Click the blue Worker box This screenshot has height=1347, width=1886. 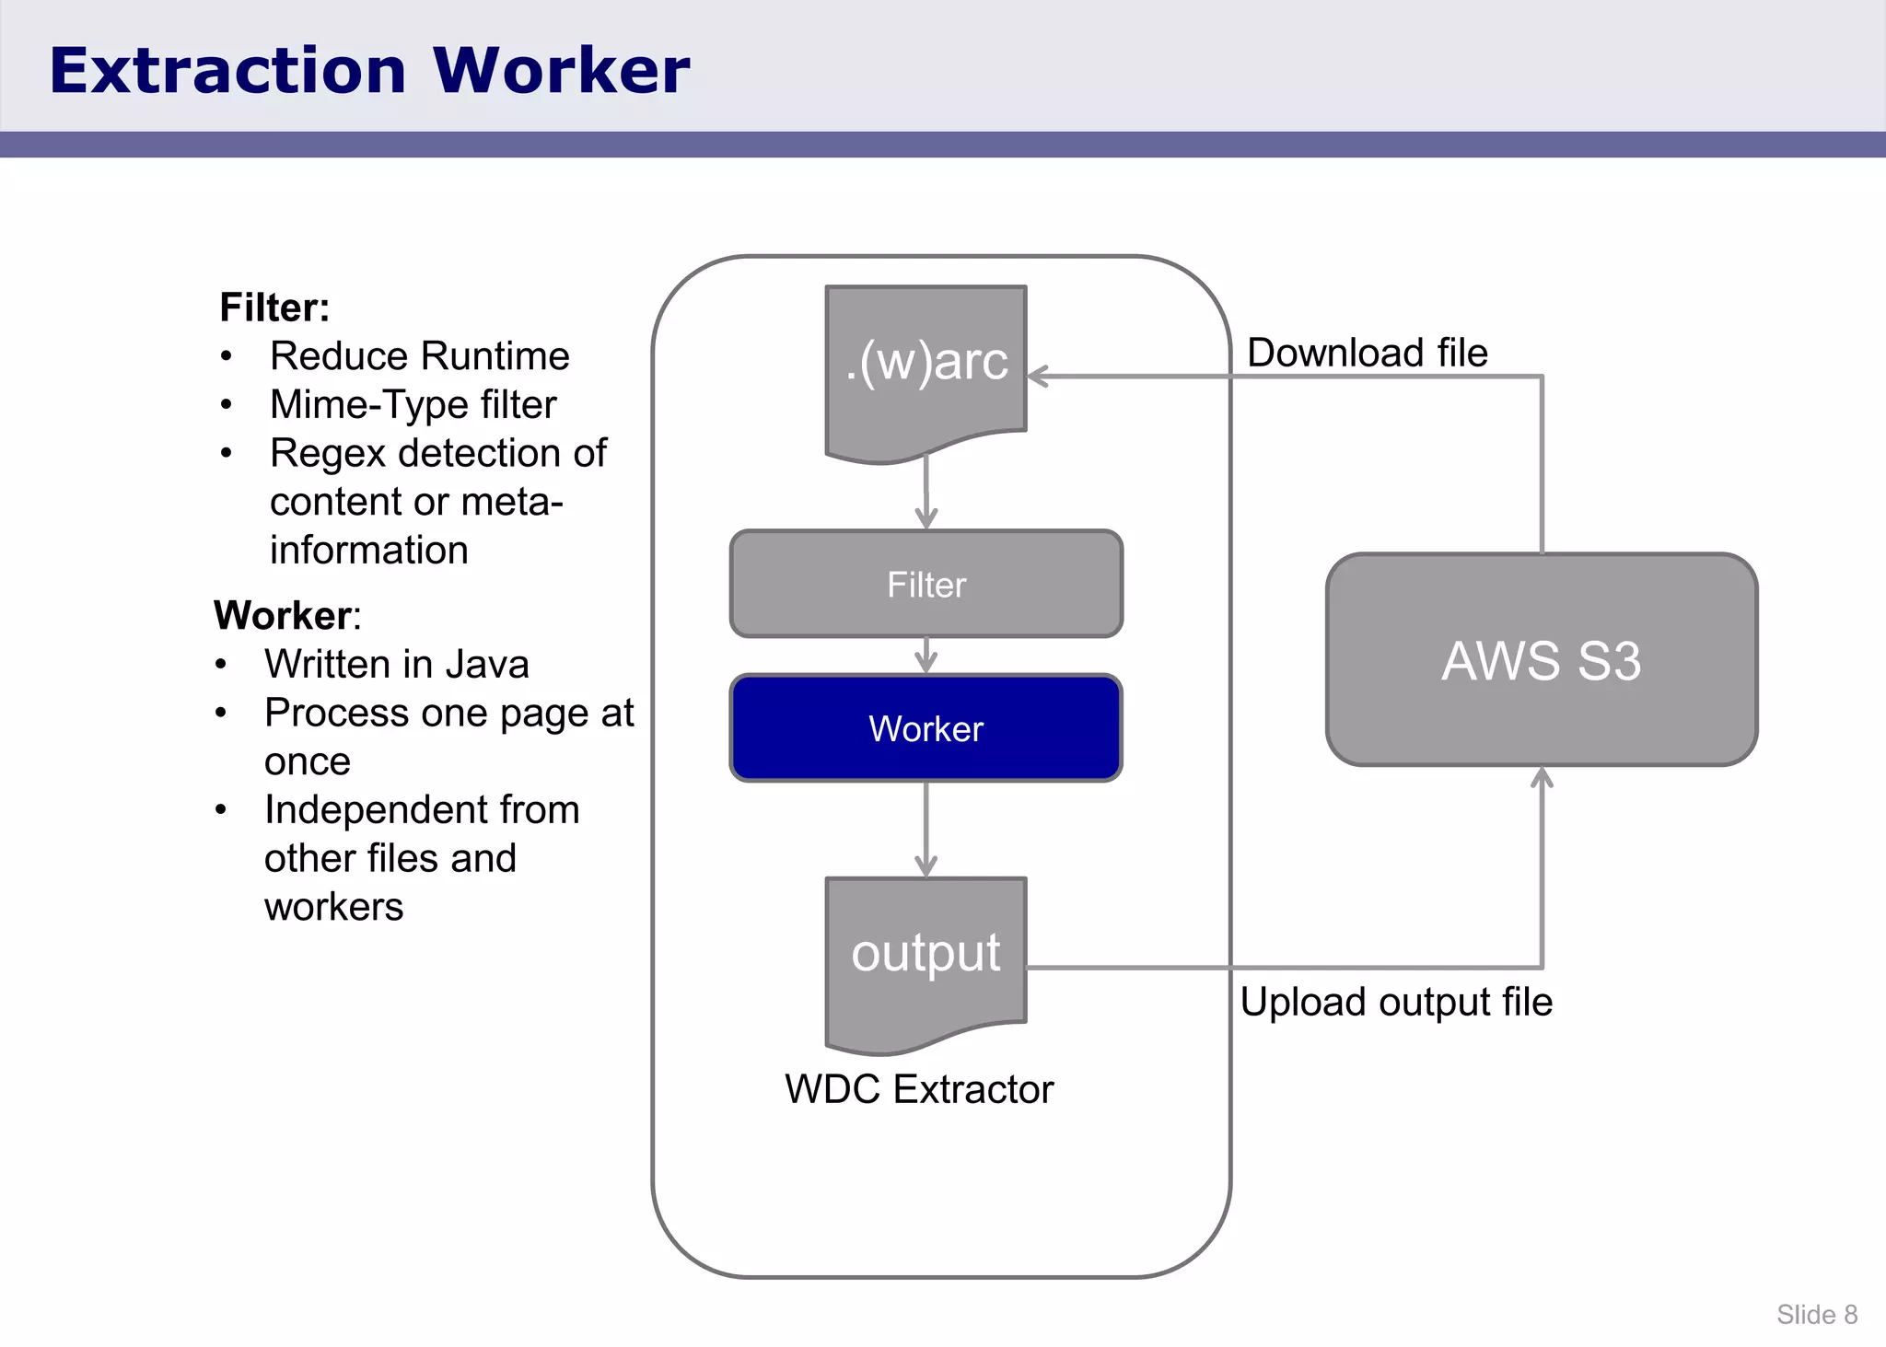click(x=926, y=727)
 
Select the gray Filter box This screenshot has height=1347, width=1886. click(x=926, y=584)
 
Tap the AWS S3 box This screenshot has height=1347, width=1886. click(x=1541, y=659)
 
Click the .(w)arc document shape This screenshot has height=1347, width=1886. click(x=926, y=368)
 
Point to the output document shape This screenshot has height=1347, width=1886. click(x=926, y=958)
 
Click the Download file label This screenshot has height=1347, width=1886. click(x=1367, y=353)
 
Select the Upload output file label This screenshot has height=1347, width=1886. click(x=1395, y=1002)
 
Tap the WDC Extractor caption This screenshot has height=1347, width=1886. click(x=918, y=1089)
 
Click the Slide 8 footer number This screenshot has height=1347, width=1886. click(x=1816, y=1314)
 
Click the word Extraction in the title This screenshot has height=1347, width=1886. click(x=227, y=71)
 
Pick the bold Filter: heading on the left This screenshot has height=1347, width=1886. click(x=274, y=308)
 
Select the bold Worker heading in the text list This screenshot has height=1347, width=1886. click(x=284, y=615)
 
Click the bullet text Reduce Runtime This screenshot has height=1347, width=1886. click(x=419, y=356)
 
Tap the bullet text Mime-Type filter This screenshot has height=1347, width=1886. click(x=413, y=405)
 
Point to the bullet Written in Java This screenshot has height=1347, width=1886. click(x=396, y=664)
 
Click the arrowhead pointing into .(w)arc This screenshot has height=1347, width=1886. click(x=1038, y=376)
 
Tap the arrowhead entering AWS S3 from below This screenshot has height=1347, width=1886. click(x=1542, y=778)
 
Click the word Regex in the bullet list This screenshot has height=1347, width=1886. click(x=327, y=454)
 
